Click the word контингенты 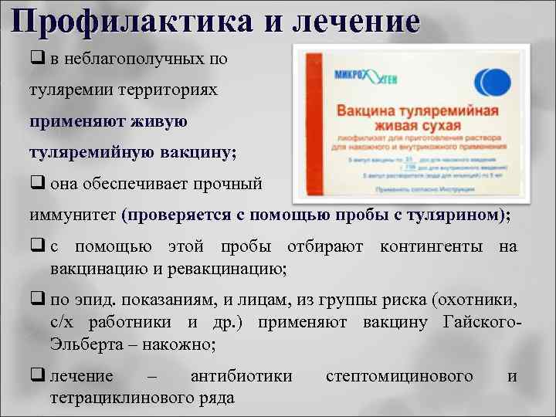434,248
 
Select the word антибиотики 241,376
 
